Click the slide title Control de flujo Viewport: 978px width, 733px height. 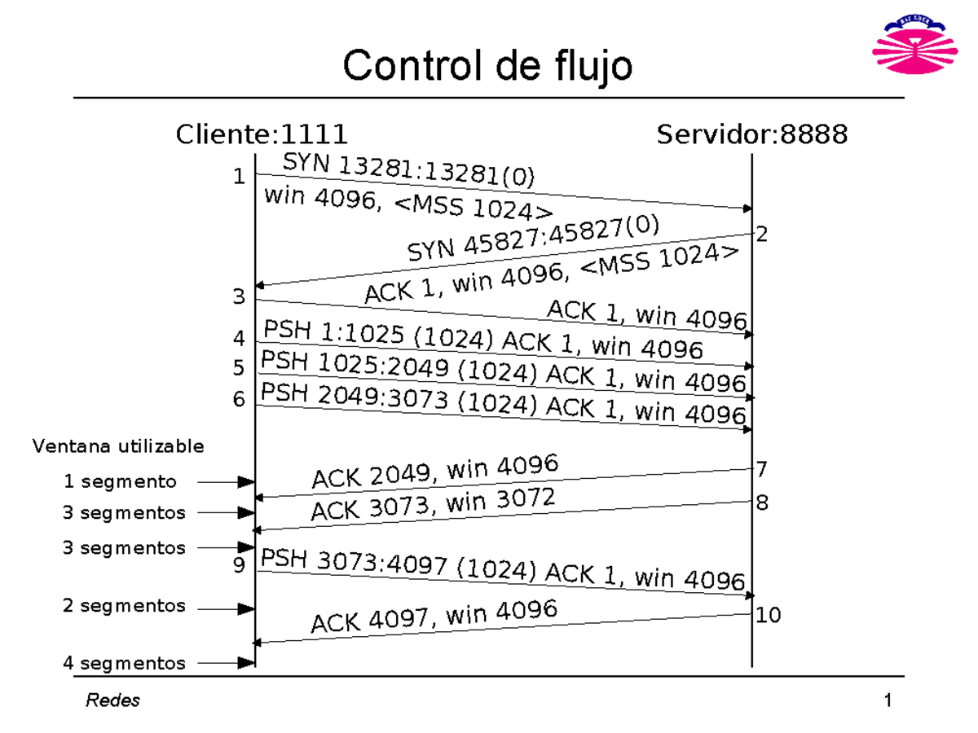487,65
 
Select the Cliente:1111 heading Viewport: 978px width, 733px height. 262,134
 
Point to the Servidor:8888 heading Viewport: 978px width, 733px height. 751,134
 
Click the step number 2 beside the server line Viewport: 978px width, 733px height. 762,236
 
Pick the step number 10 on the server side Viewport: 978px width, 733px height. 768,615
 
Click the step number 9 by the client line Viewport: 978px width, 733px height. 239,564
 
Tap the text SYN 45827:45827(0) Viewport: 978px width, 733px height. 534,238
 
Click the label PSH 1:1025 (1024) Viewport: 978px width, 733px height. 379,336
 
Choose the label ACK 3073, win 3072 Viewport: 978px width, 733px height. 434,504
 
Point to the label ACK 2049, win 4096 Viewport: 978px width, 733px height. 435,472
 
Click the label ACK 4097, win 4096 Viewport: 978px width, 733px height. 434,617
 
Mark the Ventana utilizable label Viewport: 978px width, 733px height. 118,446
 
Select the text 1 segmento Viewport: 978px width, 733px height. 120,481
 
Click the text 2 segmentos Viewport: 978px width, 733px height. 124,606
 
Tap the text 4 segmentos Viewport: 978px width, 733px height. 124,663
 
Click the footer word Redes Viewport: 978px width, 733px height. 112,700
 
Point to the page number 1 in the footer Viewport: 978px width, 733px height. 888,700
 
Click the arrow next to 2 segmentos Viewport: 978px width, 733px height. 227,608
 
